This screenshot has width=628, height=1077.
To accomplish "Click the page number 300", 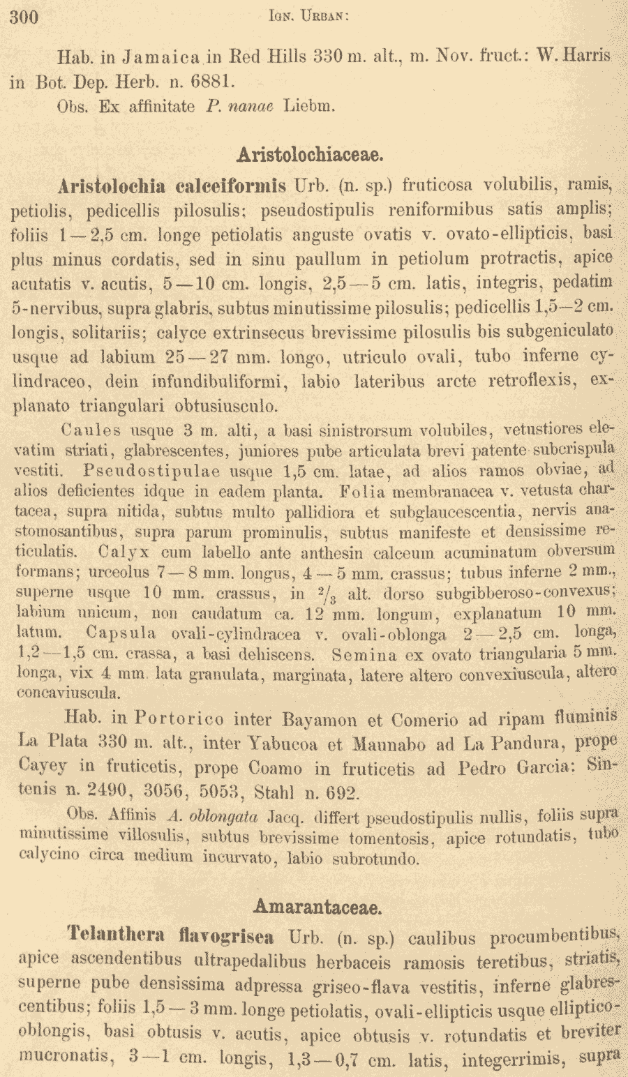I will (x=24, y=17).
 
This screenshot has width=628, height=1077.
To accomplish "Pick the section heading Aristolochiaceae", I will (x=312, y=153).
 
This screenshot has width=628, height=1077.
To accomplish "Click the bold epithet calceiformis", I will (x=231, y=186).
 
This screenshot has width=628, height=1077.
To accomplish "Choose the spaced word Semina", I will (x=364, y=656).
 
